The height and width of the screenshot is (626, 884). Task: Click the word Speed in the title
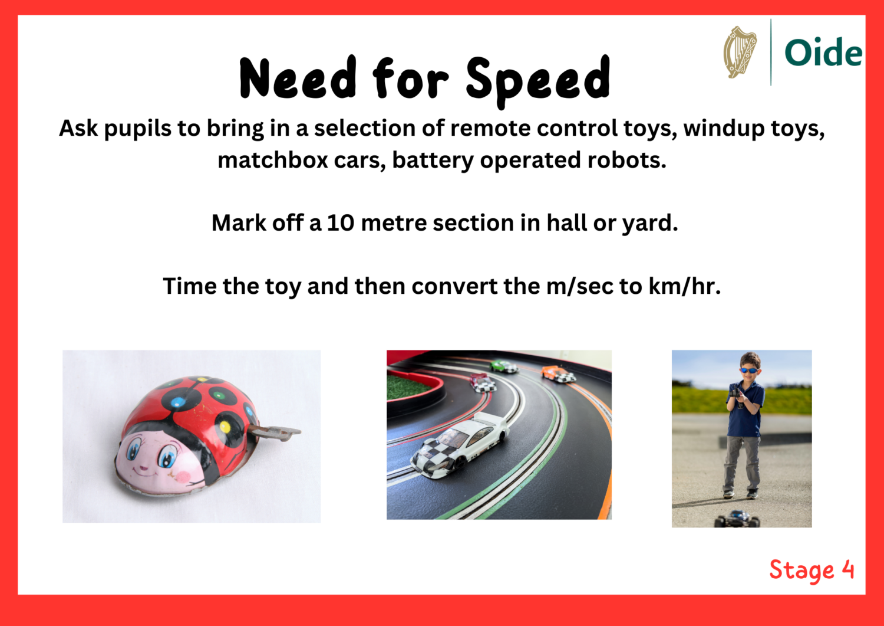coord(537,80)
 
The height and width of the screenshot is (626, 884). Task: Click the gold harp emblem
coord(740,52)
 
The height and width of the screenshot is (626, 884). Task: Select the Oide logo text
coord(823,53)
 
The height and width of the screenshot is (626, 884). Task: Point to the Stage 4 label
coord(812,570)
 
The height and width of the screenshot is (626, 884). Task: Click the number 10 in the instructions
coord(341,223)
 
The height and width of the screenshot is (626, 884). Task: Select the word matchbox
coord(272,160)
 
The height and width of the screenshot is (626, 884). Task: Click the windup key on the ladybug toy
coord(277,433)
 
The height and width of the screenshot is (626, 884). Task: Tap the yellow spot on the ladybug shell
coord(225,427)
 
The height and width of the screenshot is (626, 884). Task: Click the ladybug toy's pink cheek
coord(184,477)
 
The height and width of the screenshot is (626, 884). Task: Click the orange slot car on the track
coord(558,374)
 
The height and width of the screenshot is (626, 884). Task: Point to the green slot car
coord(503,366)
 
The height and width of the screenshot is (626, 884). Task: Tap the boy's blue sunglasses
coord(748,371)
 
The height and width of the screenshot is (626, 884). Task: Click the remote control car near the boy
coord(737,519)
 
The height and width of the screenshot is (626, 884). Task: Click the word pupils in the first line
coord(131,129)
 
